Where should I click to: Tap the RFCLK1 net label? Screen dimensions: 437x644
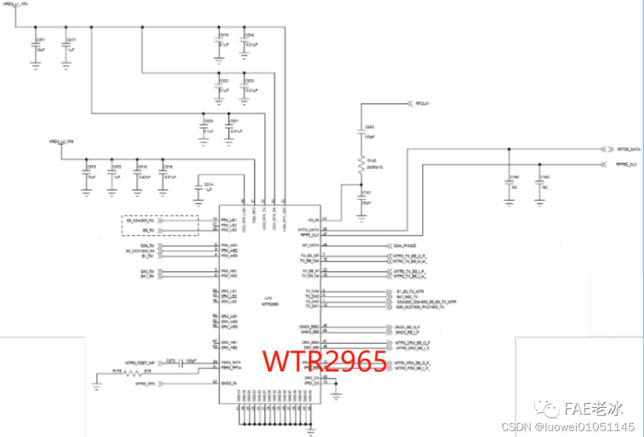[423, 103]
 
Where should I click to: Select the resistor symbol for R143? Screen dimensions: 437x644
[360, 164]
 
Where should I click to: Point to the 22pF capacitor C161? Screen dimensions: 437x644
[360, 197]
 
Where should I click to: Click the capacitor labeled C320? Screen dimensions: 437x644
[203, 126]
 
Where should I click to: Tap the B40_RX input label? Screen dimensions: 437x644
[147, 271]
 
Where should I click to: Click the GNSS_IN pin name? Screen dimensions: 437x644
[229, 382]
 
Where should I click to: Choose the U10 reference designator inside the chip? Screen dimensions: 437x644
[268, 298]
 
